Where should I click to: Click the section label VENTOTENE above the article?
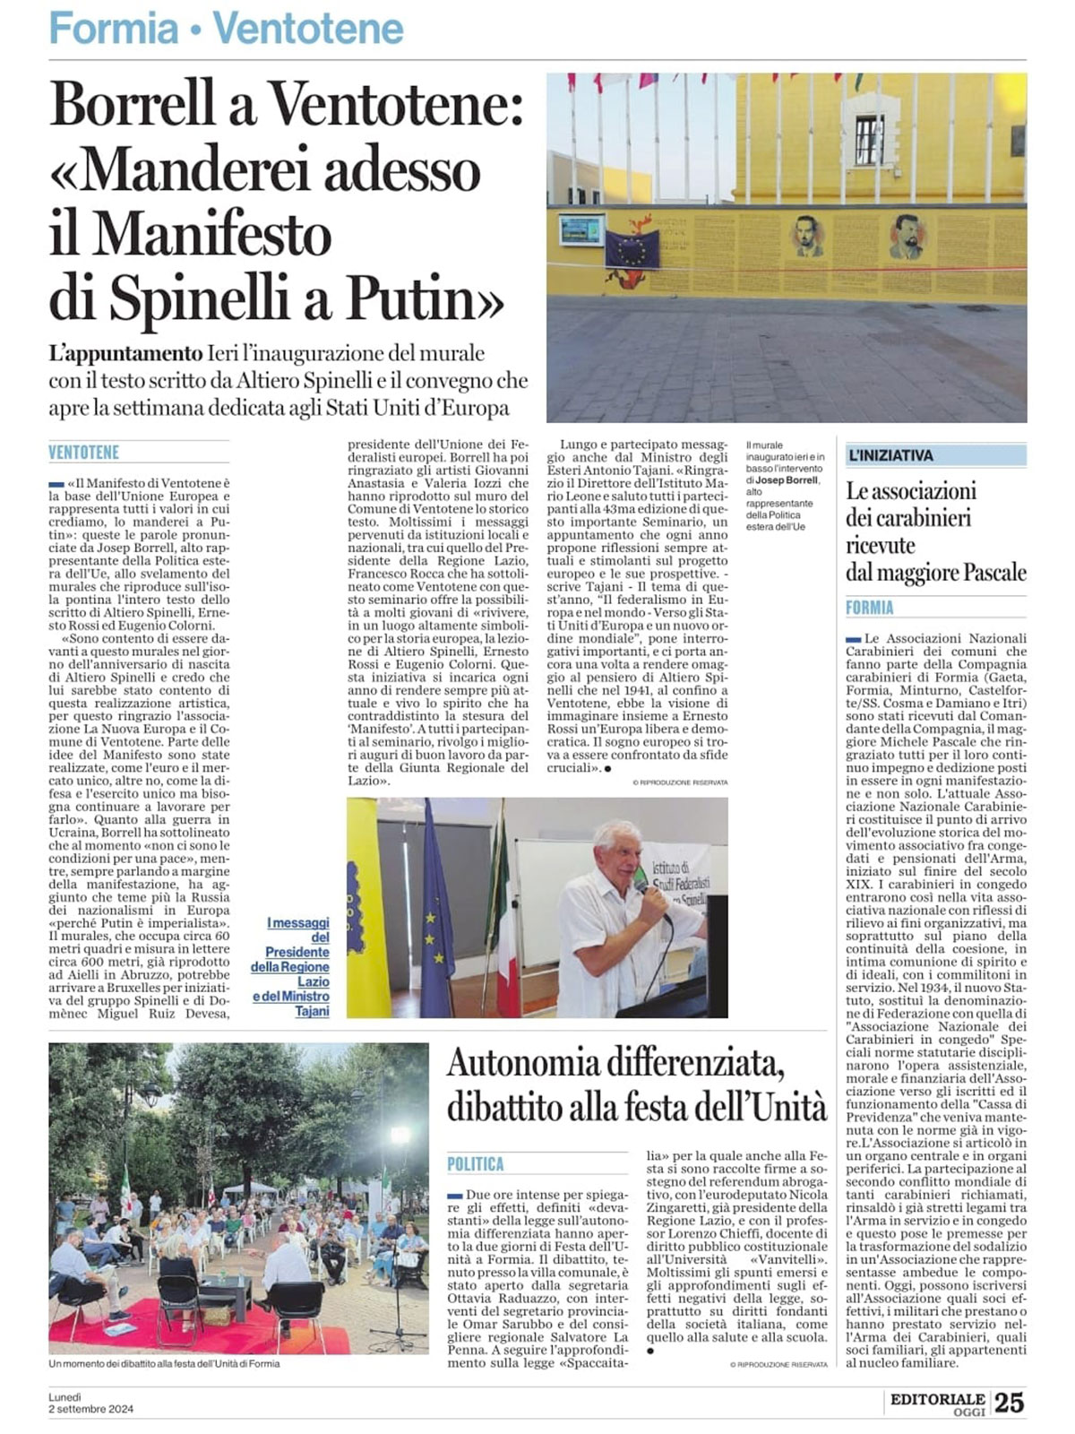click(83, 453)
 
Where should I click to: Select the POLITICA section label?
click(476, 1164)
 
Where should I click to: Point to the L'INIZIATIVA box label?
click(891, 455)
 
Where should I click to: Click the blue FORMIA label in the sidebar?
click(870, 608)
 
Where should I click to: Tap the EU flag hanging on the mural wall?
click(632, 249)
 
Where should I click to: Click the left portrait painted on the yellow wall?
click(809, 236)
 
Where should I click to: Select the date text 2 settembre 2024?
click(90, 1409)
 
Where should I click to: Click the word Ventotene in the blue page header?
click(308, 30)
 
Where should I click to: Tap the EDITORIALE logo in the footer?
click(937, 1399)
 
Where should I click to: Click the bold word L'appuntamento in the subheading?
click(125, 354)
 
